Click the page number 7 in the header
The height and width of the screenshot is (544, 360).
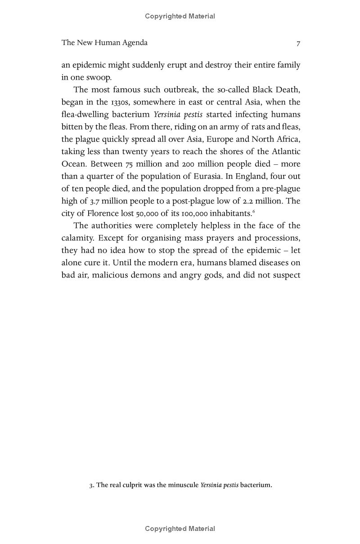(x=298, y=43)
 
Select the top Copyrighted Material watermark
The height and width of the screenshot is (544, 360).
(x=180, y=16)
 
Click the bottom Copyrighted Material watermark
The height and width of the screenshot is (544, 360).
(x=180, y=529)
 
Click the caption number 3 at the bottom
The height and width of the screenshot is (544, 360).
(x=91, y=485)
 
